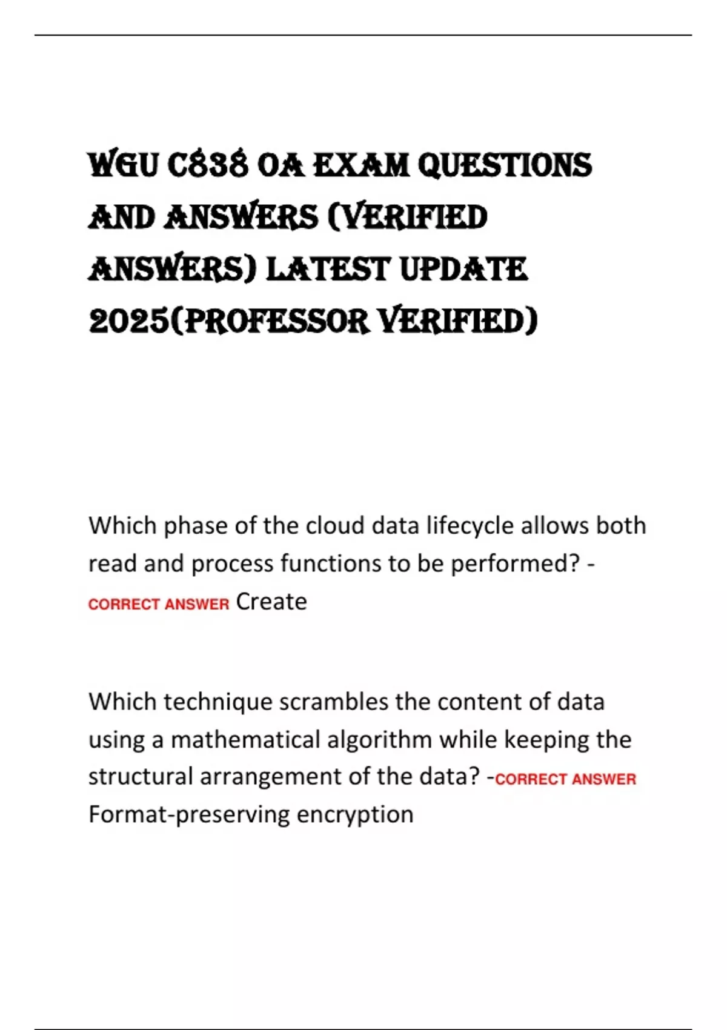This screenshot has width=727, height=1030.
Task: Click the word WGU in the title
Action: pos(123,165)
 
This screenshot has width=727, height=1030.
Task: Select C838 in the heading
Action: pos(207,165)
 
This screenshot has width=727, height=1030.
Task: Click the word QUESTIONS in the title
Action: pos(505,165)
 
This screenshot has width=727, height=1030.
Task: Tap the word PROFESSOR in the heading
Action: pos(276,321)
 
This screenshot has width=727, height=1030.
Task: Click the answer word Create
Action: pos(271,602)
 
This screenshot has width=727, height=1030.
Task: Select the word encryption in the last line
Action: pos(355,814)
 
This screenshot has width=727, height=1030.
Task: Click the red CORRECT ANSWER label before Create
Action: pos(159,604)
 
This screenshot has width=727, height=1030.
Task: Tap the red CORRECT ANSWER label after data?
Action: pos(565,779)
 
